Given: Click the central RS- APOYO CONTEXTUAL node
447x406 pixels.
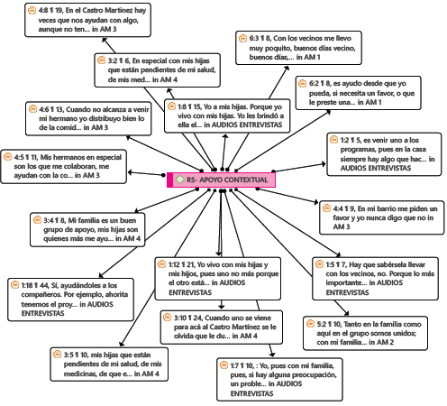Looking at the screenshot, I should [221, 180].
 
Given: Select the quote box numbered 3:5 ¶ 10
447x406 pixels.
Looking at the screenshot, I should [107, 362].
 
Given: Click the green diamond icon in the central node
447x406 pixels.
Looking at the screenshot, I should [179, 180].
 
